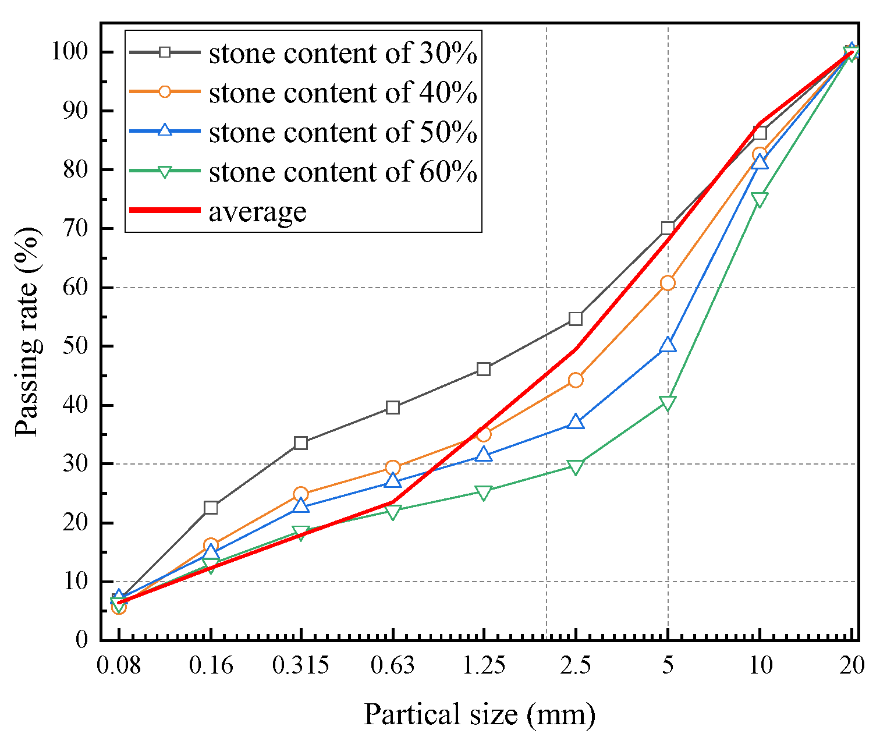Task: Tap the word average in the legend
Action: [257, 211]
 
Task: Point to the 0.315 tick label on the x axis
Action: [301, 665]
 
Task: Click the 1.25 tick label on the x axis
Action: [484, 665]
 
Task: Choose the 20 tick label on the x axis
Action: [851, 665]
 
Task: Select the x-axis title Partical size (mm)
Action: [480, 714]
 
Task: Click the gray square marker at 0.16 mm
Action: [211, 508]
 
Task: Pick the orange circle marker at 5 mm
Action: [668, 283]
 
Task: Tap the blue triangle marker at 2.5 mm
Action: [576, 421]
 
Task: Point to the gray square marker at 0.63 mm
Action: [393, 408]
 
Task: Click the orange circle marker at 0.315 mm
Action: [301, 494]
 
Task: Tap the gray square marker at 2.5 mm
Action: [576, 319]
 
